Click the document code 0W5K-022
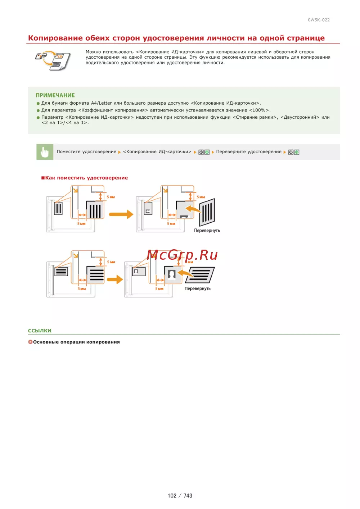tap(319, 20)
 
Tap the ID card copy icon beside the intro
tap(53, 60)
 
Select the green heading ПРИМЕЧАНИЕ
tap(55, 95)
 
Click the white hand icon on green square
tap(45, 152)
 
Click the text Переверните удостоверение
tap(249, 152)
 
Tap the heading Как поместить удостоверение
tap(86, 178)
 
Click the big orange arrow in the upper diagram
tap(121, 214)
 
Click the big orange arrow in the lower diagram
tap(115, 279)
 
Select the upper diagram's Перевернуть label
tap(207, 231)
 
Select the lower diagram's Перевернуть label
tap(198, 288)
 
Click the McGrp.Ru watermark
tap(182, 255)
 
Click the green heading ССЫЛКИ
tap(40, 331)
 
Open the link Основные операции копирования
tap(76, 342)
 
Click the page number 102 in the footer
tap(172, 496)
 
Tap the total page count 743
tap(188, 496)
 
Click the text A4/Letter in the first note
tap(101, 103)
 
